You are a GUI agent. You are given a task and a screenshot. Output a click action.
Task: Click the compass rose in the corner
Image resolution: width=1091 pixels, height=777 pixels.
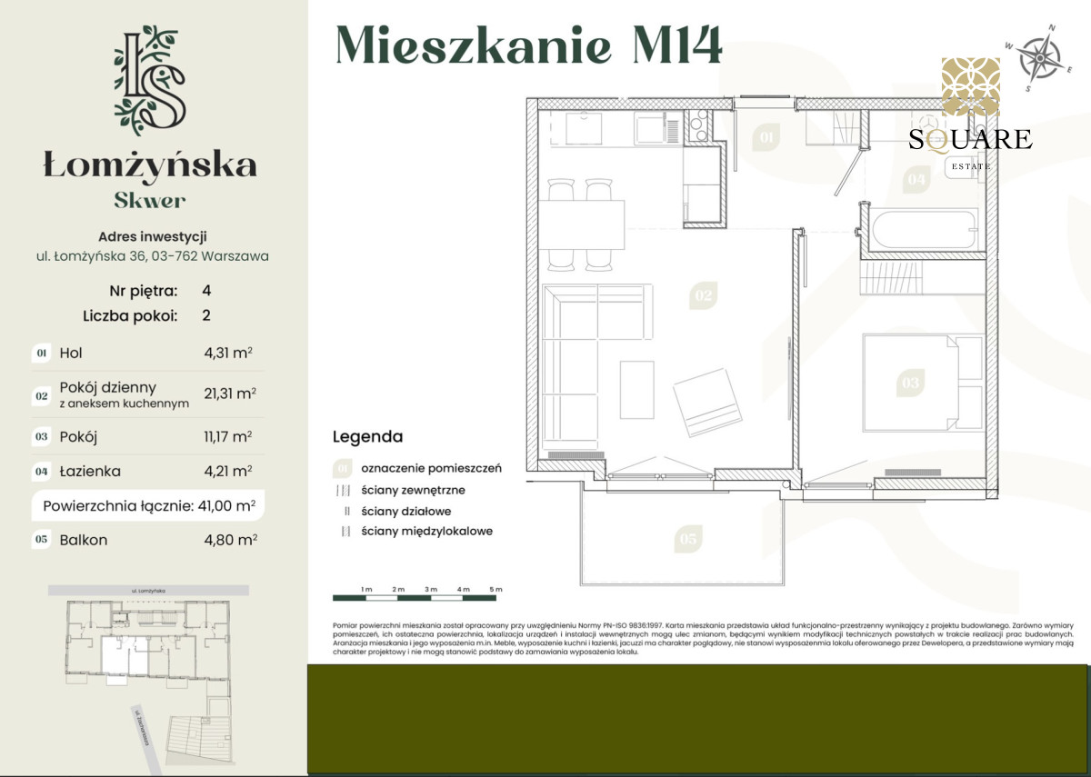pyautogui.click(x=1037, y=56)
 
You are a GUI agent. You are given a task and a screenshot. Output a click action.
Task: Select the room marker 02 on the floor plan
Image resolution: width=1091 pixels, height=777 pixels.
pyautogui.click(x=703, y=295)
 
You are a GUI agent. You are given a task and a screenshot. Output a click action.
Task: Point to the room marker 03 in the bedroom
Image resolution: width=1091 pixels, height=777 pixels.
pyautogui.click(x=910, y=383)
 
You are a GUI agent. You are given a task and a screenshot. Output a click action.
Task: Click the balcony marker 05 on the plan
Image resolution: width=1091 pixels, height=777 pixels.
pyautogui.click(x=687, y=540)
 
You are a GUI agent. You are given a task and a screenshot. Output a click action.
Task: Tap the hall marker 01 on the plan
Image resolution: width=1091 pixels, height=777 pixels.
pyautogui.click(x=766, y=138)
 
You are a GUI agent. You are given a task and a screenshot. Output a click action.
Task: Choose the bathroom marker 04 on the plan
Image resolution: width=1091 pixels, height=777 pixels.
pyautogui.click(x=916, y=180)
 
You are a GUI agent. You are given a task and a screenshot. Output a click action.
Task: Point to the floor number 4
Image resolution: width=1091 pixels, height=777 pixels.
pyautogui.click(x=206, y=291)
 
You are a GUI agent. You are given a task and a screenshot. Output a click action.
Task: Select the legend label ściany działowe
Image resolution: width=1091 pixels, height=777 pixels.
pyautogui.click(x=405, y=511)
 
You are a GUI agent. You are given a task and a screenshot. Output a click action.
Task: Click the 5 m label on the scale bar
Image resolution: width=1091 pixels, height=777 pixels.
pyautogui.click(x=495, y=590)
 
